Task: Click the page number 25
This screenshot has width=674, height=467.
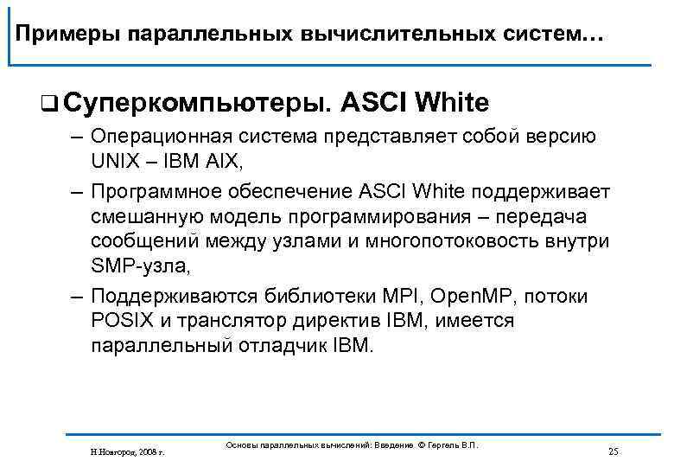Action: coord(614,451)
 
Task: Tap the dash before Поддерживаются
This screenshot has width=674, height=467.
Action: coord(76,297)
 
